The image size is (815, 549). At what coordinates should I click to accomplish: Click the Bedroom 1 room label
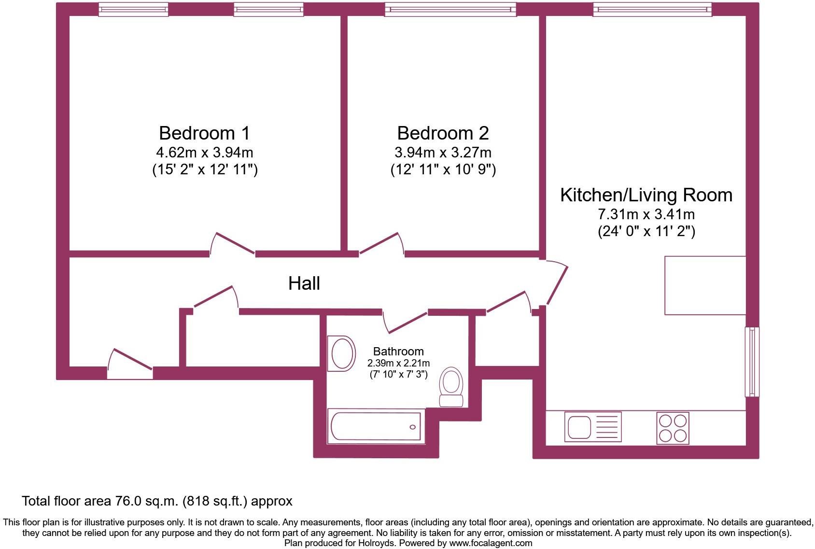point(205,133)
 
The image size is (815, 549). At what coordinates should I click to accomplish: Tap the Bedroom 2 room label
point(443,133)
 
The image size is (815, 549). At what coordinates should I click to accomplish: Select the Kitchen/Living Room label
point(646,195)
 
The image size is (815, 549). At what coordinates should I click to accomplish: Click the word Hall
point(304,283)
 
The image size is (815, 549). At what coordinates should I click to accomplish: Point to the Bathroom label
point(398,352)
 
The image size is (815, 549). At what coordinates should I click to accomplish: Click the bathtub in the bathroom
point(376,426)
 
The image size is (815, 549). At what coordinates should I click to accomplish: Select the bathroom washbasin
point(341,354)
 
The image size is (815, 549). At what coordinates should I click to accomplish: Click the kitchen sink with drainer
point(593,427)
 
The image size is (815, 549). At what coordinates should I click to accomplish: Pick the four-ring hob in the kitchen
point(673,428)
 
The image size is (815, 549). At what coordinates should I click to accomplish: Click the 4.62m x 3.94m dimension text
point(205,153)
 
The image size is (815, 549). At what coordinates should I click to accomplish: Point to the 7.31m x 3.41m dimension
point(646,214)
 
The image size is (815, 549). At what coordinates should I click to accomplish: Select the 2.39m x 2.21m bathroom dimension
point(398,363)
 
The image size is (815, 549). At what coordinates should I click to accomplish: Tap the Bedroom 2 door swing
point(381,244)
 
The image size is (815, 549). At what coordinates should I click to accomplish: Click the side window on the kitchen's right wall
point(752,362)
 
